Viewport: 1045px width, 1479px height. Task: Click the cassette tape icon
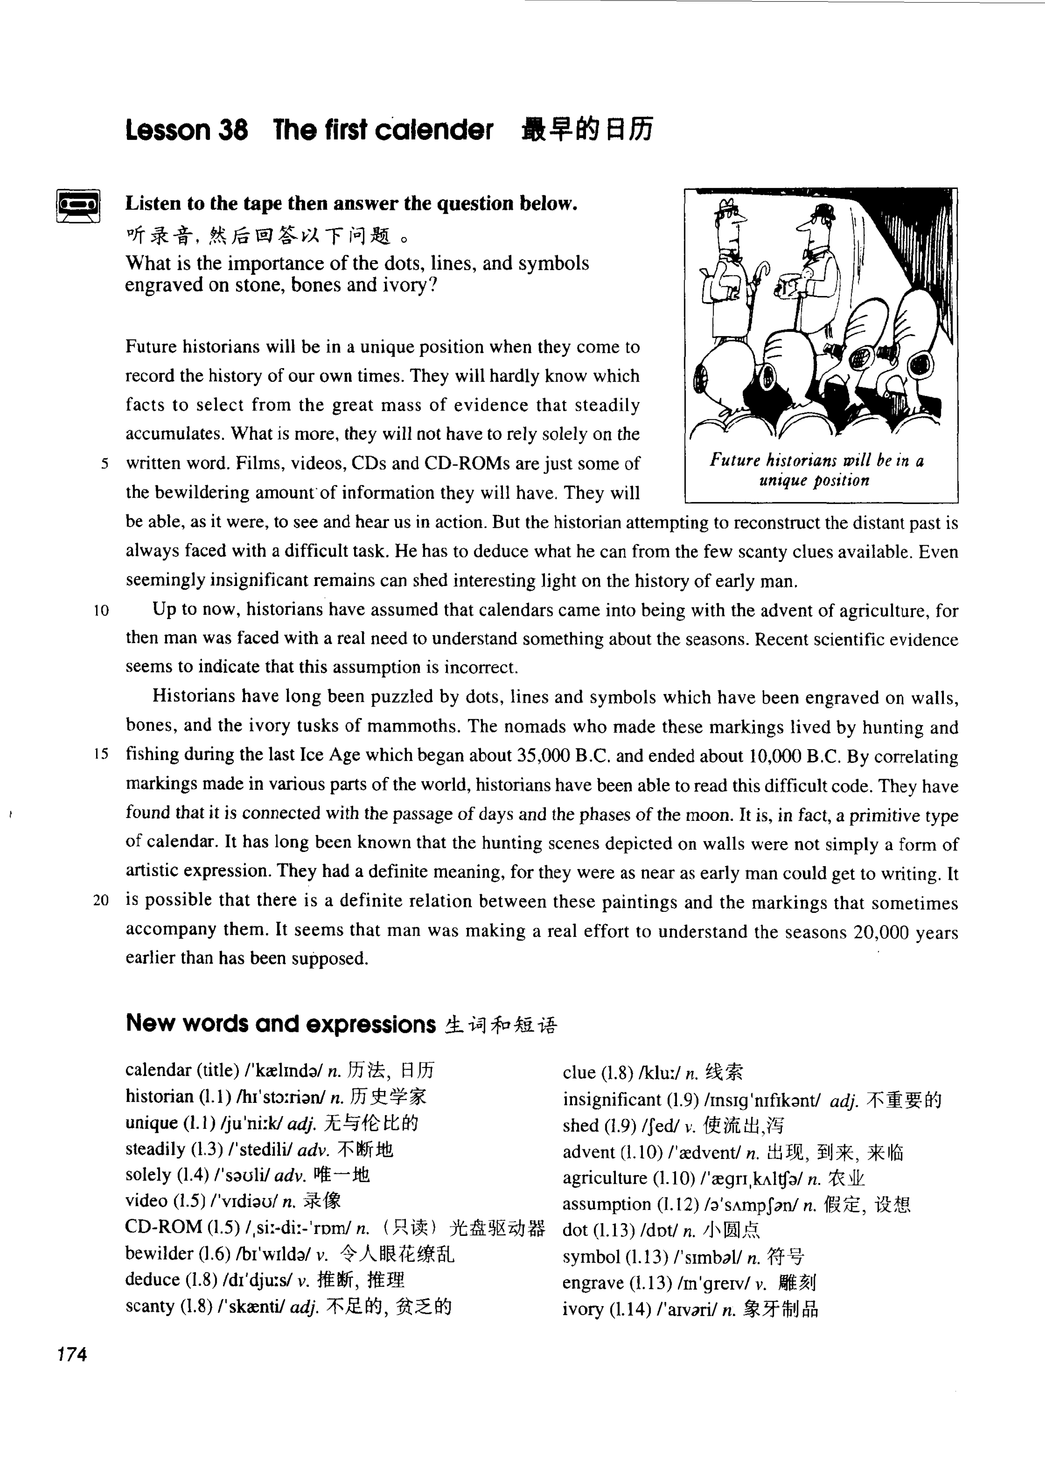[x=78, y=205]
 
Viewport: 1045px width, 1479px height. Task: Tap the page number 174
[x=72, y=1355]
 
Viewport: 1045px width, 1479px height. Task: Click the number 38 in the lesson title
[x=232, y=130]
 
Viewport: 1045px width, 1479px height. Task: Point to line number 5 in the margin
[x=104, y=464]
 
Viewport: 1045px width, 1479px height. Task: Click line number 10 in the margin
[x=101, y=610]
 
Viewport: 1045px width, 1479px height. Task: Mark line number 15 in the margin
[x=101, y=754]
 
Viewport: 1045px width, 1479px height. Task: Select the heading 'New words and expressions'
[x=281, y=1024]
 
